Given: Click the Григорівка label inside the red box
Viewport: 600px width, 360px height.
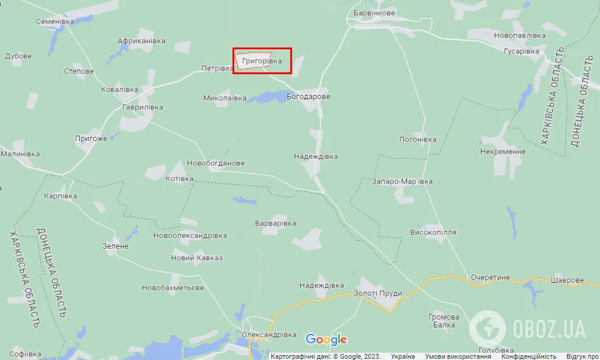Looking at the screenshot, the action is point(262,61).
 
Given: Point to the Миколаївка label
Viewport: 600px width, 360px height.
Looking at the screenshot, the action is point(225,98).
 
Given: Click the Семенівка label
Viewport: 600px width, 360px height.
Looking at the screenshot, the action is point(55,21).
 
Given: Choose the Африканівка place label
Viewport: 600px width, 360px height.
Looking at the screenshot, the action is point(141,41).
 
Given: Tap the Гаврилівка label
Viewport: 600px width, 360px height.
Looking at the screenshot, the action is point(142,107).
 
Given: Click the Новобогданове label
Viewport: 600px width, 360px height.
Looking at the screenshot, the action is point(215,164).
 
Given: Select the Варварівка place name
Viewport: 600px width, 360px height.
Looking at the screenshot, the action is point(275,223).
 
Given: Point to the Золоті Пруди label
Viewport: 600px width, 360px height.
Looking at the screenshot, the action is point(377,293).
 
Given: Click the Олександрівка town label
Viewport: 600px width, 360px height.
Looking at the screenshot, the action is point(268,335).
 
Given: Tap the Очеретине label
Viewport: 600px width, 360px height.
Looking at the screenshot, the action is point(490,277).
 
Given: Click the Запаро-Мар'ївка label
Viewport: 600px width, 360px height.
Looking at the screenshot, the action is point(402,181).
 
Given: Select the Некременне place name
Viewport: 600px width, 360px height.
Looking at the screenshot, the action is point(502,151).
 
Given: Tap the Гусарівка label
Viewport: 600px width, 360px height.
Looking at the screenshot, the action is point(522,51).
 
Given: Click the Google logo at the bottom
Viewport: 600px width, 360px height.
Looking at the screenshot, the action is point(326,340).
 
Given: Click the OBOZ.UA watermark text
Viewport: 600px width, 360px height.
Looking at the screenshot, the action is point(549,329).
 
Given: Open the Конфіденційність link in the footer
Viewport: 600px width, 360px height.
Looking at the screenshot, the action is point(529,356).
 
